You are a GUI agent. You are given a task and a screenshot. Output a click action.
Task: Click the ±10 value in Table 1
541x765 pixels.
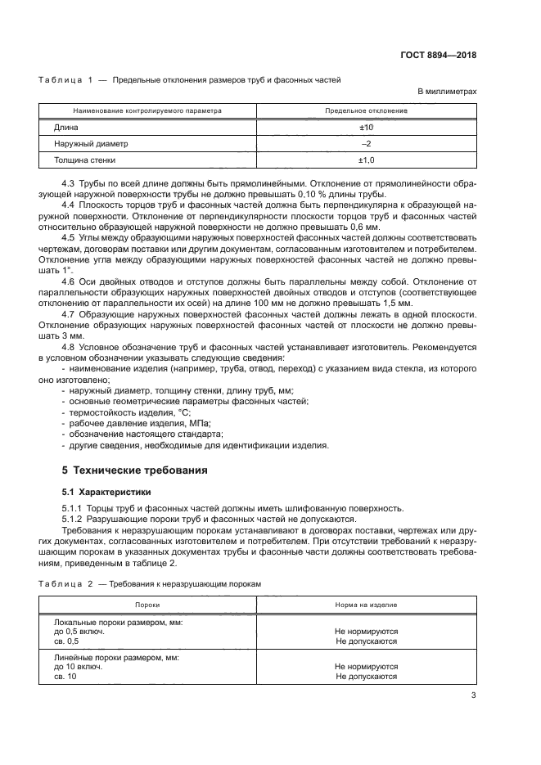coord(367,128)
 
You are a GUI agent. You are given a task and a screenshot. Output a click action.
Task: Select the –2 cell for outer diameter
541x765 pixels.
coord(367,144)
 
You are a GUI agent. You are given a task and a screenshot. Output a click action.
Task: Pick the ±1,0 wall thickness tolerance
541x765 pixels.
coord(367,160)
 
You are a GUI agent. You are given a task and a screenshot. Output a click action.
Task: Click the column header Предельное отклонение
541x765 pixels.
coord(367,110)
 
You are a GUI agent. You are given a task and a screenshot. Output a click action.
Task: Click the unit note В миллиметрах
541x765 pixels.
coord(447,93)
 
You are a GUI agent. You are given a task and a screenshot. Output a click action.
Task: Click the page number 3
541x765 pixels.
coord(473,695)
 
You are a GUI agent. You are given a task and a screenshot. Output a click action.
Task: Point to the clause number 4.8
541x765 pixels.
coord(69,348)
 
